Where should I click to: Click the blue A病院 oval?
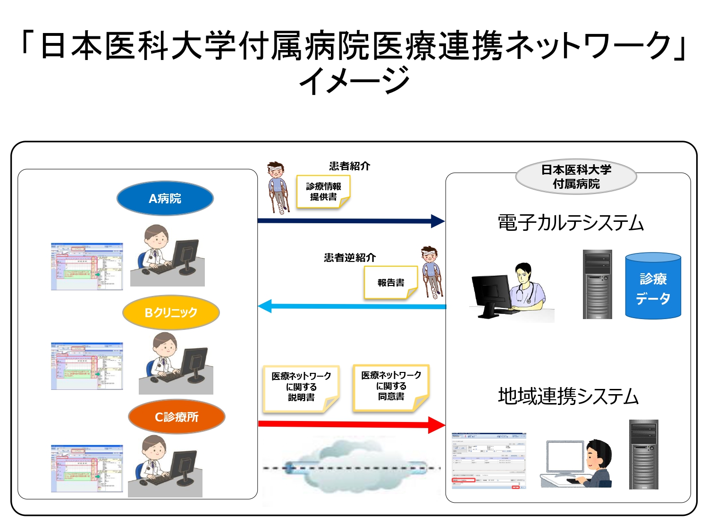[165, 198]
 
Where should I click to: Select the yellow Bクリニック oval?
[171, 312]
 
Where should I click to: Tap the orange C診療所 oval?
[177, 417]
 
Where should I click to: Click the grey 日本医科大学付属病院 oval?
[576, 177]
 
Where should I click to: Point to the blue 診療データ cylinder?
[653, 287]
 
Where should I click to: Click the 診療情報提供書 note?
[323, 192]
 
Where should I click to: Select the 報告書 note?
[391, 283]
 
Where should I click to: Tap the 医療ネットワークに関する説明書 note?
[301, 387]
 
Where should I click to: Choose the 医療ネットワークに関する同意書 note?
[391, 386]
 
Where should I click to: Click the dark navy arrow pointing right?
[349, 220]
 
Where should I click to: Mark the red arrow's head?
[436, 425]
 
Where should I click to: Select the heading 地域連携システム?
[568, 396]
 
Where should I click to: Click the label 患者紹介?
[350, 166]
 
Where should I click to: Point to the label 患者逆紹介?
[350, 258]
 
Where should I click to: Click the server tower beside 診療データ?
[597, 284]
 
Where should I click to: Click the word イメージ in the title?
[354, 80]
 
